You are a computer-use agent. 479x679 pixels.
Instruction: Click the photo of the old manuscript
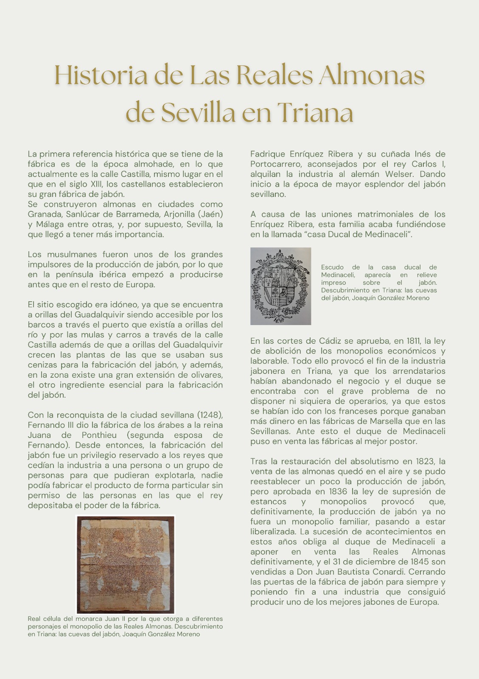point(125,564)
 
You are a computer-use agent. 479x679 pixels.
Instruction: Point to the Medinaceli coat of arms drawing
point(280,286)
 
